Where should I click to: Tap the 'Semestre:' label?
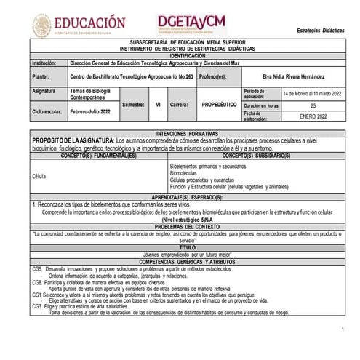[133, 104]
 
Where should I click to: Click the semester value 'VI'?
[158, 104]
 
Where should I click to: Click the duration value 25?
[313, 105]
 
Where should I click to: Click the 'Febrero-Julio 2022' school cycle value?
[91, 111]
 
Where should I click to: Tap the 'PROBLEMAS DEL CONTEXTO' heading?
[188, 227]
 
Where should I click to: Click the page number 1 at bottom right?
[343, 330]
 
